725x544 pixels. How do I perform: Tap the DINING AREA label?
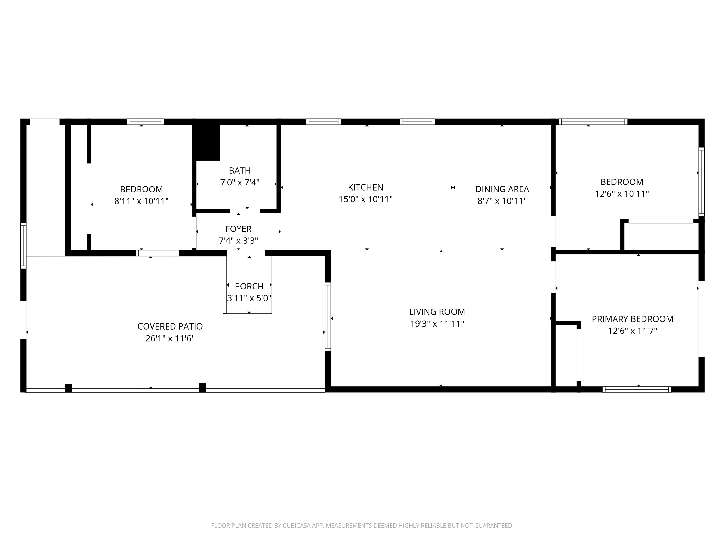pos(502,189)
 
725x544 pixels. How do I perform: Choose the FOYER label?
pos(238,229)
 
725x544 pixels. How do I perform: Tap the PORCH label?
pos(249,286)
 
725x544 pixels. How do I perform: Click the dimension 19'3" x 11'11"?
pos(437,324)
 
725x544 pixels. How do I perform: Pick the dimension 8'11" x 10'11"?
pos(141,201)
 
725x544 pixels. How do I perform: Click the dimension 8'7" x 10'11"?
pos(502,201)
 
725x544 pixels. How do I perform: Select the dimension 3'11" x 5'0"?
pos(249,298)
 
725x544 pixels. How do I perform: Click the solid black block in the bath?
pos(206,142)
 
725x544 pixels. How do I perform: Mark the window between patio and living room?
pos(328,316)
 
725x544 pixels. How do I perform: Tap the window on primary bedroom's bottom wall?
pos(637,390)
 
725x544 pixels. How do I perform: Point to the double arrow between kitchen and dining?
pos(453,188)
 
